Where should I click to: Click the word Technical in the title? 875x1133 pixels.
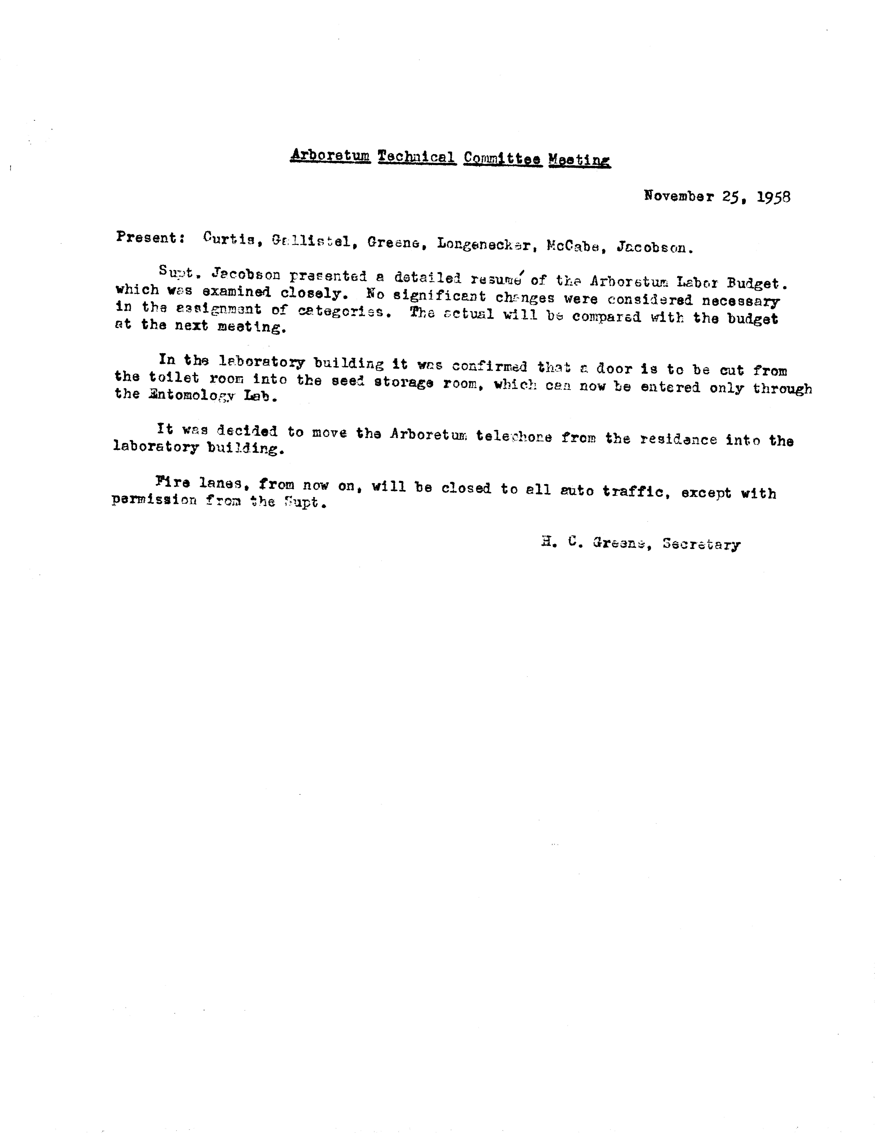(417, 157)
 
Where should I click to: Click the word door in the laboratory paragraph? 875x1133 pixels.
(614, 369)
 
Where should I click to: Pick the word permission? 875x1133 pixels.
(154, 501)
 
